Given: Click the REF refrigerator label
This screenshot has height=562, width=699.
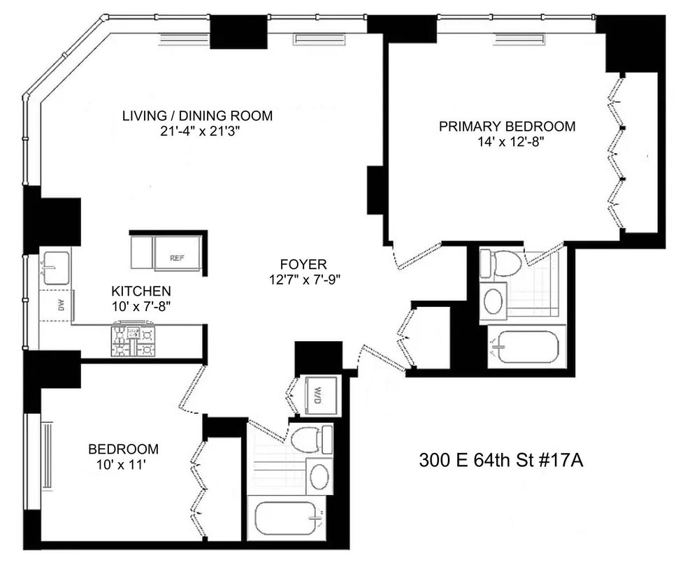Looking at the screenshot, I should (x=177, y=258).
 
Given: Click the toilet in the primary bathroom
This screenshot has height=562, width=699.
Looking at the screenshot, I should (x=501, y=264).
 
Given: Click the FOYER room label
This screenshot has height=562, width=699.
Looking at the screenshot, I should (x=303, y=265).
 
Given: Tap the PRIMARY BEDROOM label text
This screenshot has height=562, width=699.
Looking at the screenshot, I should (x=507, y=127).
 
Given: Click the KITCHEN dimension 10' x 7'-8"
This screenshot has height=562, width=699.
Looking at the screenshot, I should (x=142, y=305).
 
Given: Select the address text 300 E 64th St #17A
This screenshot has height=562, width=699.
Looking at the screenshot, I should (x=500, y=461).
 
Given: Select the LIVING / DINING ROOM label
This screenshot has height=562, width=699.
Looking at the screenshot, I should (x=196, y=115).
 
